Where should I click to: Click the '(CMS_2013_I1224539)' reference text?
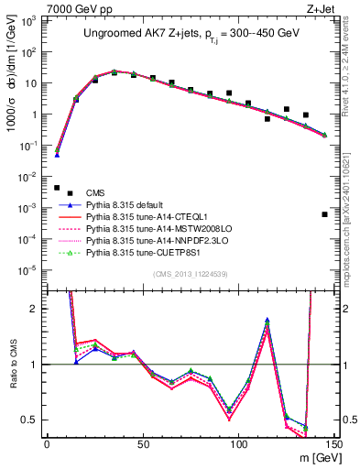tap(190, 273)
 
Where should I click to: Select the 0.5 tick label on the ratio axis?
tap(30, 420)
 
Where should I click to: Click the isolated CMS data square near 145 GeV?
tap(325, 214)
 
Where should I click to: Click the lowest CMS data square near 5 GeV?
tap(57, 188)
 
